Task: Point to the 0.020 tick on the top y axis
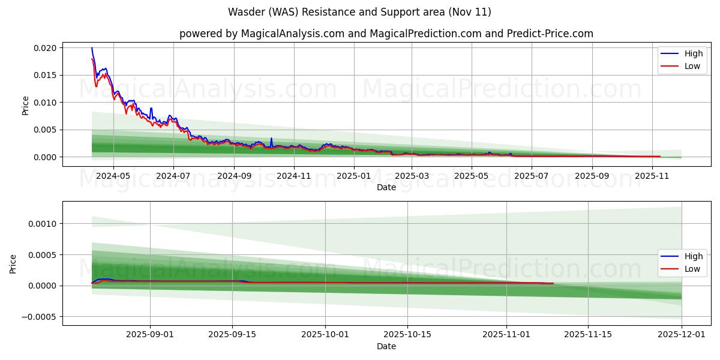(44, 48)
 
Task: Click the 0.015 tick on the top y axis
(44, 75)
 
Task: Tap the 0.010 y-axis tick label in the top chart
(44, 103)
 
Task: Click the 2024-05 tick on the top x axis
(113, 176)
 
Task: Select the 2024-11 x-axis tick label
(294, 176)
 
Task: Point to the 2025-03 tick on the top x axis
(412, 176)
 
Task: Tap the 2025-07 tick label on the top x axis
(532, 176)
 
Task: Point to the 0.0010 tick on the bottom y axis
(42, 224)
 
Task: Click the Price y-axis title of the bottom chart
(13, 263)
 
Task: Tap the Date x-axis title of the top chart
(386, 187)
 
